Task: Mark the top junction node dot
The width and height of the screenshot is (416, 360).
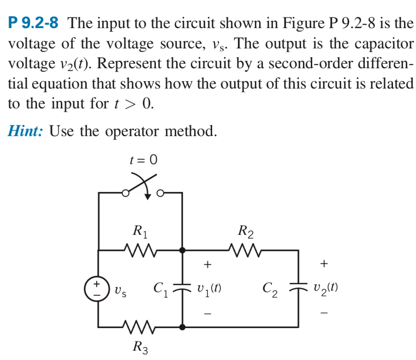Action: [x=183, y=251]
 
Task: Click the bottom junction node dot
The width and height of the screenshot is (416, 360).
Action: [x=183, y=327]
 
